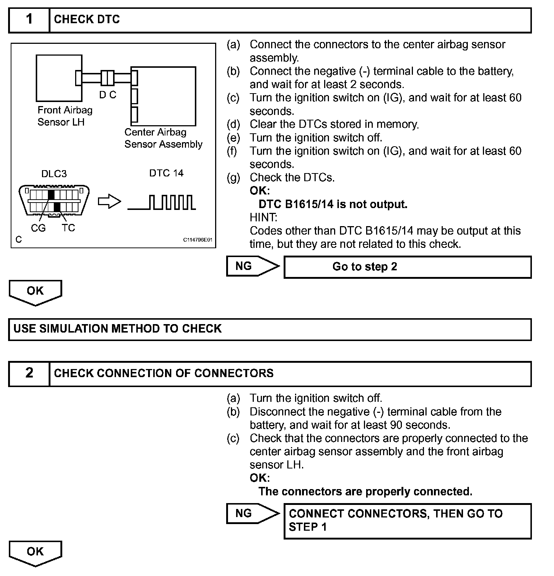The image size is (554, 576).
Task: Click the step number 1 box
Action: pos(29,20)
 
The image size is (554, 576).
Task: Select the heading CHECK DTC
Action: pos(87,20)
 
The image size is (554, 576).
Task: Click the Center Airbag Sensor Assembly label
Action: pos(163,138)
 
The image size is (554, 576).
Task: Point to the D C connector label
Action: pos(108,95)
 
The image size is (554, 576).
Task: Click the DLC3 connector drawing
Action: pos(54,200)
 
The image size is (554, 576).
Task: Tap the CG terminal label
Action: pos(38,228)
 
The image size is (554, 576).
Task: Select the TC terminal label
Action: pos(68,228)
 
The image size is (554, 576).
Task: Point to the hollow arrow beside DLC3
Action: pos(109,201)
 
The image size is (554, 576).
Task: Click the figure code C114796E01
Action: pos(198,240)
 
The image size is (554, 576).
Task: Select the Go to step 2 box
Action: pos(407,267)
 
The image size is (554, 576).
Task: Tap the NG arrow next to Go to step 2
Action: pos(253,266)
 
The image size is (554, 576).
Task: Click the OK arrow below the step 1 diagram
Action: pos(35,292)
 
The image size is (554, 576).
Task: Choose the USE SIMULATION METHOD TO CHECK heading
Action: pos(118,329)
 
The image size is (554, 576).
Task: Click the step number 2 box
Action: pos(29,373)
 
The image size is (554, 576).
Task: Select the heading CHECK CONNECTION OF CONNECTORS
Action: pos(164,373)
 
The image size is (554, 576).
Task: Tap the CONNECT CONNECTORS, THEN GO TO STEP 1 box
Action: pos(407,521)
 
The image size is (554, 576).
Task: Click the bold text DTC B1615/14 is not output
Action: pos(333,204)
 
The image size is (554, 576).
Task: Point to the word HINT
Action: pos(263,218)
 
